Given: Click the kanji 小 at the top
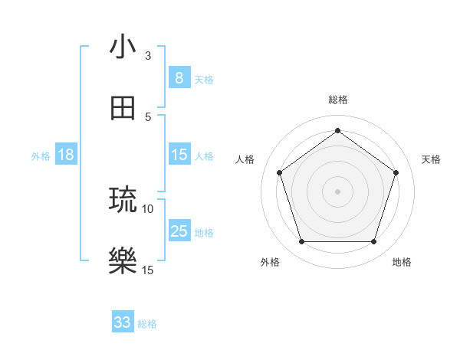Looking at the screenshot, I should [123, 47].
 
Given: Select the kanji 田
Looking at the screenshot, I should [123, 108].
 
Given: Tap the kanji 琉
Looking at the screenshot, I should [123, 200].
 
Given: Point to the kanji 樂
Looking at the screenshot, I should [123, 261].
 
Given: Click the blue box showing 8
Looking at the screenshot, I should [179, 77].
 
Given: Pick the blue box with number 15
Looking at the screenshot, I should [179, 155].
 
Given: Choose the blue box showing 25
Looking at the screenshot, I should [179, 231].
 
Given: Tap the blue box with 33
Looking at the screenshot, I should [123, 322].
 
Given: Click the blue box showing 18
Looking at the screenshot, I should [66, 155].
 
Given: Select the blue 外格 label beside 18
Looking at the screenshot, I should [41, 155].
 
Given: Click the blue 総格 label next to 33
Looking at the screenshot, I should [147, 323].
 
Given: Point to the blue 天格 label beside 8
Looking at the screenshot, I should [204, 79].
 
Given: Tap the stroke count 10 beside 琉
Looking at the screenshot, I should [148, 208].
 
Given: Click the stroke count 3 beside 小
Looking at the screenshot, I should [148, 56].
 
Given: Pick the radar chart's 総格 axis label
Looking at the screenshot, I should [337, 100].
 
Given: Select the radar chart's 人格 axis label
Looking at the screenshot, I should [245, 159].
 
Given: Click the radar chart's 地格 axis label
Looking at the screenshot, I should [402, 262].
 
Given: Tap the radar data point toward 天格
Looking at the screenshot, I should [396, 172].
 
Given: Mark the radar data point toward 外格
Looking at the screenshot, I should [301, 242].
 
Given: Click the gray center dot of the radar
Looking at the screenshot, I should [337, 191].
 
